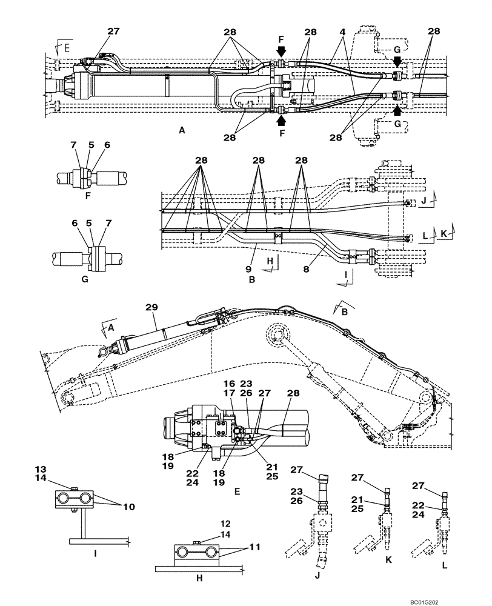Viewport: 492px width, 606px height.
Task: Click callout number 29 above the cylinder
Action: (x=150, y=308)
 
